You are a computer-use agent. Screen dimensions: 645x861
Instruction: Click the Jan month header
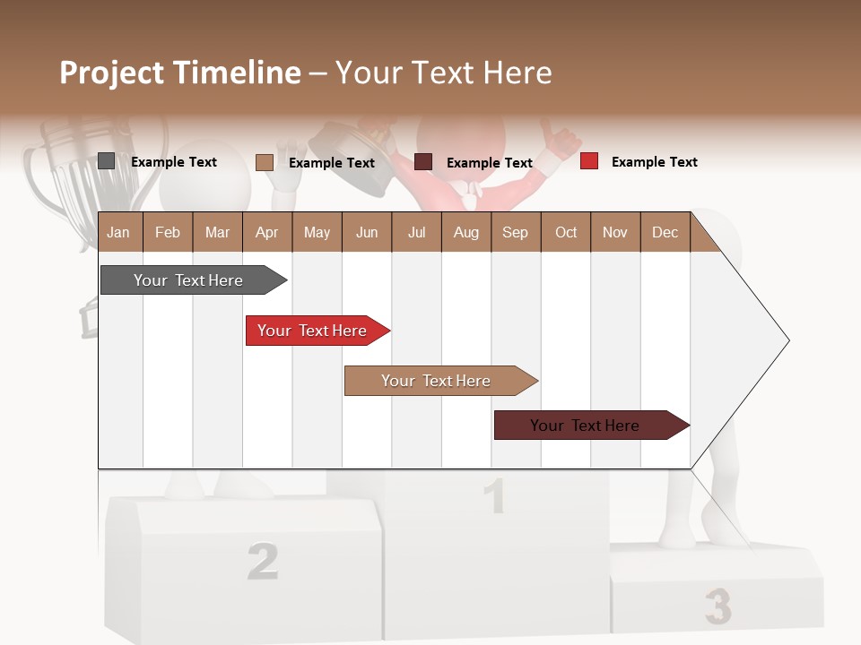[x=118, y=232]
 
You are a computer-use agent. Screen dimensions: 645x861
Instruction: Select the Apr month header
[x=267, y=232]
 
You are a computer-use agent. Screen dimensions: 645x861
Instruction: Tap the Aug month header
[x=466, y=232]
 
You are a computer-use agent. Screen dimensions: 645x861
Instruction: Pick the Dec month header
[x=665, y=232]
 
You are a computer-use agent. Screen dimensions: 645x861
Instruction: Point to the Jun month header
[x=367, y=232]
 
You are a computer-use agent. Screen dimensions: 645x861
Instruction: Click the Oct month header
[x=566, y=232]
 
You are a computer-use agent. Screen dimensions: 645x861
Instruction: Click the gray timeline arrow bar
[x=189, y=280]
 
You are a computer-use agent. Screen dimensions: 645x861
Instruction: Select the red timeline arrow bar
[x=313, y=331]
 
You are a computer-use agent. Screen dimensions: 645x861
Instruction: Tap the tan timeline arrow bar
[x=437, y=381]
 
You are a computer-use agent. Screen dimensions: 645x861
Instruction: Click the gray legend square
[x=106, y=161]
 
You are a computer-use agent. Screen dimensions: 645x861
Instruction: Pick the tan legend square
[x=264, y=162]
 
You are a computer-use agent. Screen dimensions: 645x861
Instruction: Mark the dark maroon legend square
[x=423, y=162]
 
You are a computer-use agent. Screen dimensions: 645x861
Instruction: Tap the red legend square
[x=588, y=161]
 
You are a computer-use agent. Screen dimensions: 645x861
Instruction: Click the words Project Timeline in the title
[x=179, y=73]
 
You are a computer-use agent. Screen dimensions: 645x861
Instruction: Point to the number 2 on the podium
[x=262, y=562]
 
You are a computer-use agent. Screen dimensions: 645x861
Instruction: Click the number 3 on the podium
[x=717, y=606]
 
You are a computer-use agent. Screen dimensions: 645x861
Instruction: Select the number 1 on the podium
[x=494, y=496]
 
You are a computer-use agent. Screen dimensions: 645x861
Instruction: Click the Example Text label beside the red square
[x=654, y=162]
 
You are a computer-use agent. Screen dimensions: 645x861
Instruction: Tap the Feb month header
[x=168, y=232]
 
